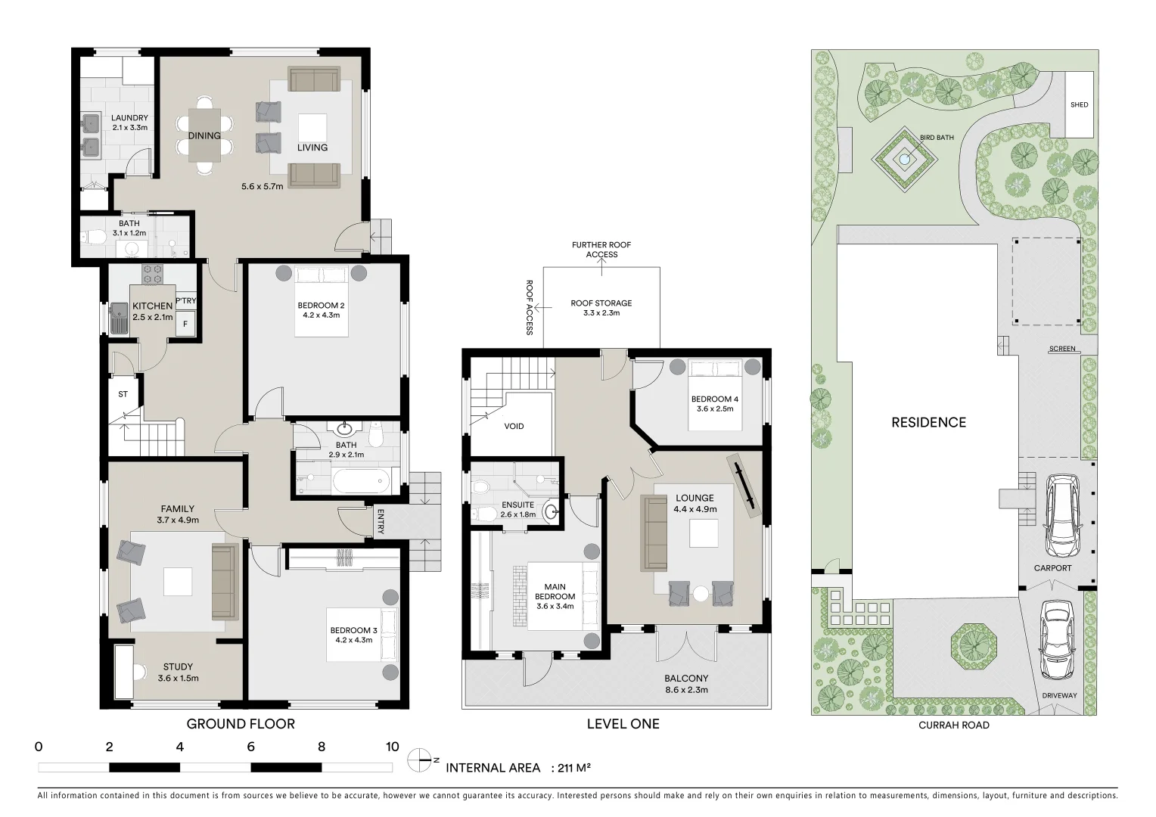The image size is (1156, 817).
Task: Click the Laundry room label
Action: [129, 118]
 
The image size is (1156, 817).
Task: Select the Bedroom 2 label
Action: [321, 306]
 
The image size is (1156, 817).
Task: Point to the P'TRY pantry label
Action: [185, 301]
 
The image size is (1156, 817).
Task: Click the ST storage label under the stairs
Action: [123, 394]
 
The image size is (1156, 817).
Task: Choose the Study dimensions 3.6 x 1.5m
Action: [178, 678]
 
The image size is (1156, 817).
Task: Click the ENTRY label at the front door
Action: [380, 522]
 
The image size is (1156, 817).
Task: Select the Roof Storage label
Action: [601, 303]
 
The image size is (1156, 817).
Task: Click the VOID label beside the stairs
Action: [514, 426]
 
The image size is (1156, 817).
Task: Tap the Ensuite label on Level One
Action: [517, 505]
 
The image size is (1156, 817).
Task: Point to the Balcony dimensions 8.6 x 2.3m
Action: [686, 689]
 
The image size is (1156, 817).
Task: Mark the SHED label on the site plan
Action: [1079, 104]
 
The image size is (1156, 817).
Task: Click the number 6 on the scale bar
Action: [250, 747]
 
